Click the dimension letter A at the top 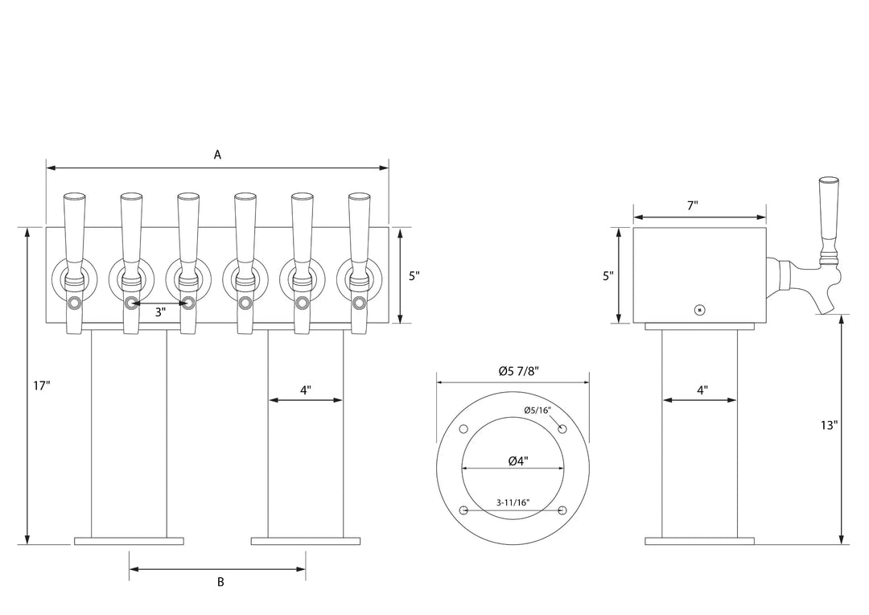click(x=217, y=155)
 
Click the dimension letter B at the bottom click(x=220, y=582)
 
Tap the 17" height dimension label click(x=42, y=386)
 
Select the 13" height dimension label click(x=830, y=424)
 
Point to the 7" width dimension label click(x=692, y=205)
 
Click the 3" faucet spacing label click(x=160, y=312)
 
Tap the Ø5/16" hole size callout click(x=537, y=410)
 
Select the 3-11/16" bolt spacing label click(x=513, y=502)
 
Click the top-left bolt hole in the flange click(x=463, y=428)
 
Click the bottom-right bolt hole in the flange click(x=562, y=510)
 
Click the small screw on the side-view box click(x=699, y=309)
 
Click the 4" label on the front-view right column click(x=306, y=390)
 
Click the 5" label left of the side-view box click(x=608, y=275)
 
